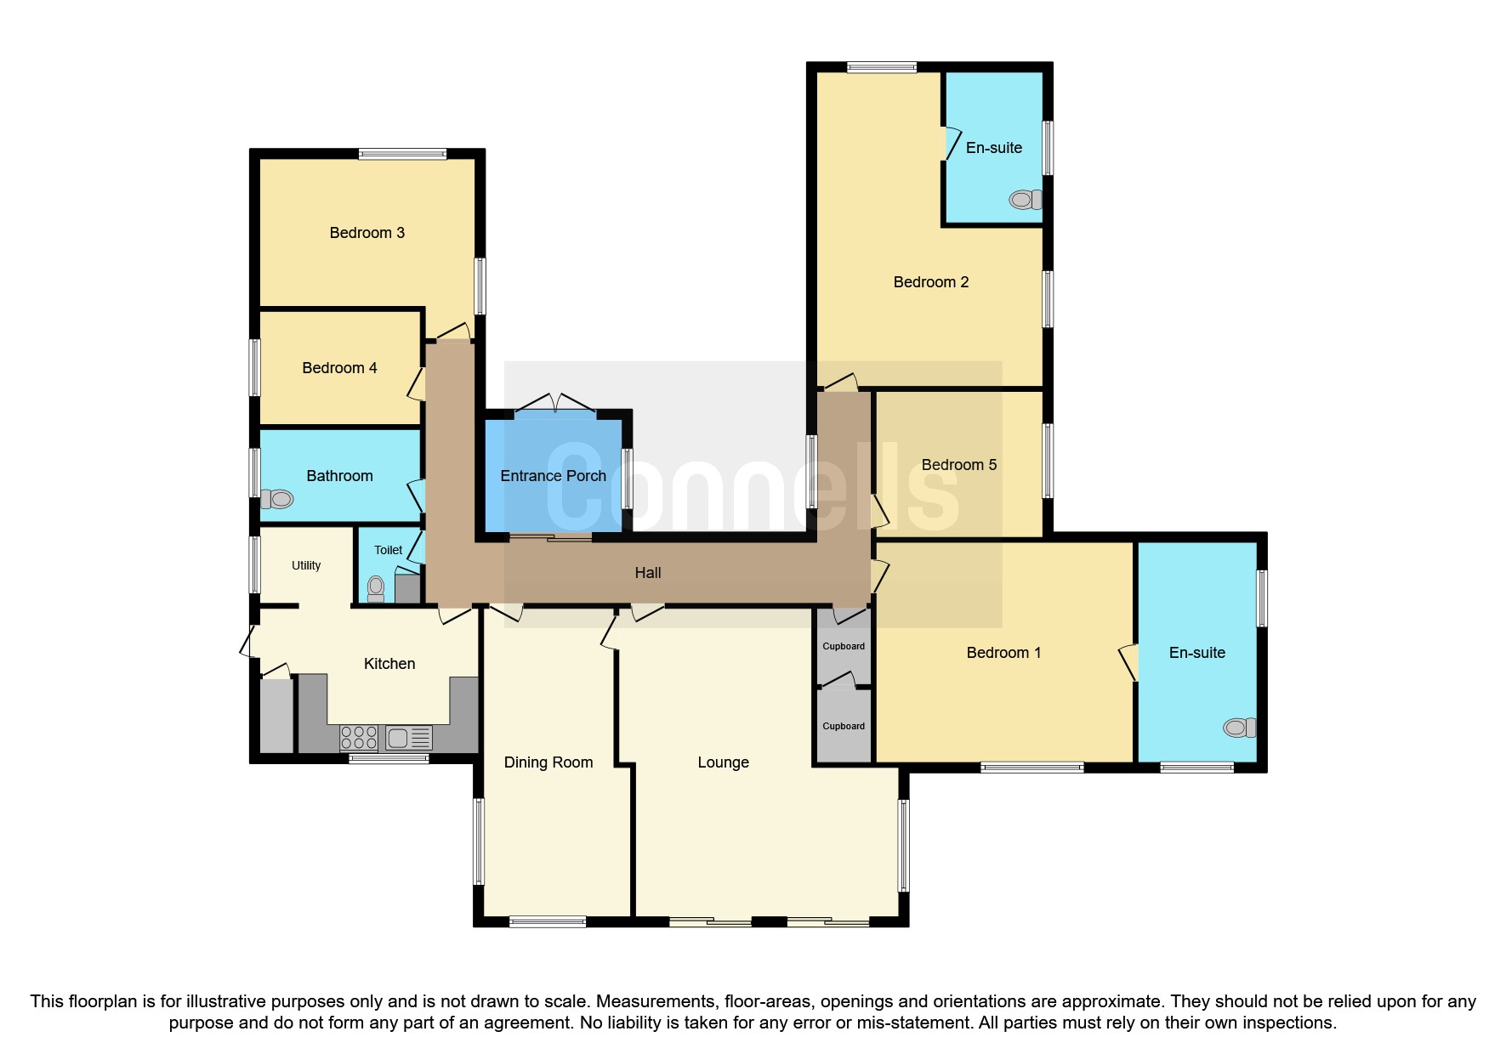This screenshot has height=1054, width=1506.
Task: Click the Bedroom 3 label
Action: [367, 233]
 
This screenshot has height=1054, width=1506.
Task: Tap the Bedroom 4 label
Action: [339, 368]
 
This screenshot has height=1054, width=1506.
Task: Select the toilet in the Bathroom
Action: [277, 499]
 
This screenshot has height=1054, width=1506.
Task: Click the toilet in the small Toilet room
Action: [376, 587]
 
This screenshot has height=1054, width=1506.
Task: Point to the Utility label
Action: [306, 565]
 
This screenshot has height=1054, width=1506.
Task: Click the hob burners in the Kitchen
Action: [359, 737]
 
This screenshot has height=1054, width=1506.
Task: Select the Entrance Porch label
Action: [553, 476]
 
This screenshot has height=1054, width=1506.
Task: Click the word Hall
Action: [648, 573]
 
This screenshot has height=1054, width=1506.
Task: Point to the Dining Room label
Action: [548, 762]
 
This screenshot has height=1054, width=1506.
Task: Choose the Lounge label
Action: [723, 762]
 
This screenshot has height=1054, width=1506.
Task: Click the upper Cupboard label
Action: [844, 646]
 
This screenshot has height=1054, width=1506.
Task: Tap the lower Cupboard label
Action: [844, 726]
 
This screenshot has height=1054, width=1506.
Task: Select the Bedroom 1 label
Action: [1003, 653]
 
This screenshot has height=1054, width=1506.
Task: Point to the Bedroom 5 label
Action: [958, 465]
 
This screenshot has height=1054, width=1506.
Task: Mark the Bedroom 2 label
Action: [931, 282]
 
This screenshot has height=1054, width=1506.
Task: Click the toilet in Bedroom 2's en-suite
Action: [1026, 200]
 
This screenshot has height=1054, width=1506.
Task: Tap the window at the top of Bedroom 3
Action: [402, 154]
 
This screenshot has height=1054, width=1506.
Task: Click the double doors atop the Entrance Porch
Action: [555, 405]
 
